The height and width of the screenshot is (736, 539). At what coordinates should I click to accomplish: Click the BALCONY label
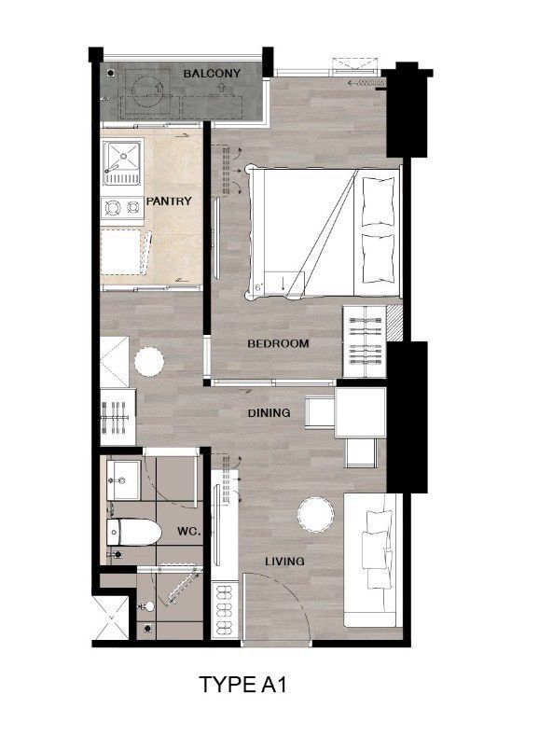tap(212, 73)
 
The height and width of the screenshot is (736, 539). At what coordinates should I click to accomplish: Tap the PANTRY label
tap(169, 201)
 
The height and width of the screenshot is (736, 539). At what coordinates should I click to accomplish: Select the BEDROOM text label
tap(278, 343)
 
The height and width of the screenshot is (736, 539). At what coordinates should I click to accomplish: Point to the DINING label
tap(269, 412)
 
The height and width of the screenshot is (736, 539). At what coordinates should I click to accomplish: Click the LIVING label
tap(284, 561)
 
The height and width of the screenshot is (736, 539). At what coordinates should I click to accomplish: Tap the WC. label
tap(189, 532)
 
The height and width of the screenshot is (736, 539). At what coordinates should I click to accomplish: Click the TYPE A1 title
tap(243, 685)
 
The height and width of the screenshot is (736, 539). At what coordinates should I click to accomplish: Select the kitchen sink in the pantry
tap(122, 162)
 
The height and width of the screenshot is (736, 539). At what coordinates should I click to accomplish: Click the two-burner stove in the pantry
tap(122, 207)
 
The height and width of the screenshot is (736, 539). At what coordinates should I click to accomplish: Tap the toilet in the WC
tap(133, 533)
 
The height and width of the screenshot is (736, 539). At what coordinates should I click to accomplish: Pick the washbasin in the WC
tap(123, 479)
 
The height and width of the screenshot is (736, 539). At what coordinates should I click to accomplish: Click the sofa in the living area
tap(373, 560)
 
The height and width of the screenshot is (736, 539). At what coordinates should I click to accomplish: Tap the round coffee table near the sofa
tap(316, 515)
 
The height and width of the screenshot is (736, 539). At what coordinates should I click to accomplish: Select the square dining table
tap(360, 412)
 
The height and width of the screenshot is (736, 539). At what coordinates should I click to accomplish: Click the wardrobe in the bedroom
tap(365, 341)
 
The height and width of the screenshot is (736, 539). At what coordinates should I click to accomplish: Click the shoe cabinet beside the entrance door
tap(225, 609)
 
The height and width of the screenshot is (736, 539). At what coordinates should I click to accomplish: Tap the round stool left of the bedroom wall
tap(149, 361)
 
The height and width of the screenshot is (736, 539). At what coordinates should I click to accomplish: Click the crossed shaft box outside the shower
tap(111, 618)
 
